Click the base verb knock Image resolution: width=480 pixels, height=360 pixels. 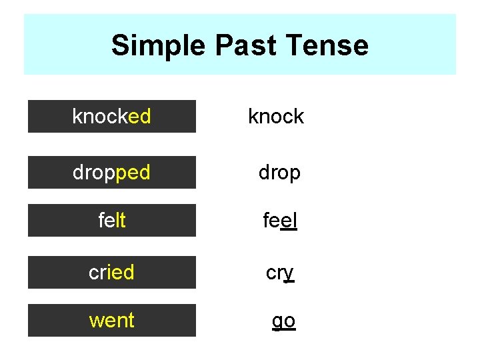coord(275,117)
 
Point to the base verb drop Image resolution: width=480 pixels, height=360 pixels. coord(279,173)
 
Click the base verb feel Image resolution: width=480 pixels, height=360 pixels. coord(280,221)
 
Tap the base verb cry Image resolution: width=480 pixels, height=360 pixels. coord(280,273)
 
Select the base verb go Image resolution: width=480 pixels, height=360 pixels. coord(283,321)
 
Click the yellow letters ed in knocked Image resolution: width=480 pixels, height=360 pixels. coord(139,117)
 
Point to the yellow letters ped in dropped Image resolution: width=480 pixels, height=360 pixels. coord(133,173)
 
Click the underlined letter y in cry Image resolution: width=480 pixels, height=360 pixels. coord(289,273)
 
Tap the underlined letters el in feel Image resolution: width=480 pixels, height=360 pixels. coord(289,221)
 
